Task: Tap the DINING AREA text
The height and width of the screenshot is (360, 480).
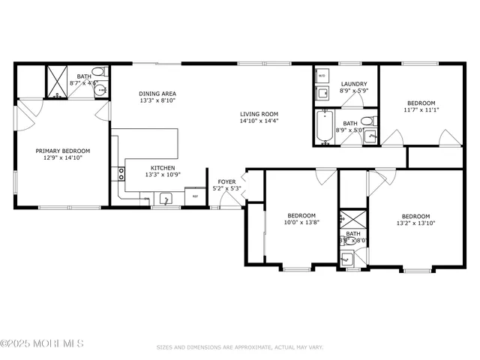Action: pyautogui.click(x=157, y=94)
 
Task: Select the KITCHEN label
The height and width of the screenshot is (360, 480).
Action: pyautogui.click(x=163, y=168)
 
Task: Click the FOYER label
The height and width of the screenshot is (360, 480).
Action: pyautogui.click(x=226, y=181)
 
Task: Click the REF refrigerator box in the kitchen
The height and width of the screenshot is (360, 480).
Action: pyautogui.click(x=196, y=196)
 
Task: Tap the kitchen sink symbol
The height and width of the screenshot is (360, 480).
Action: pyautogui.click(x=165, y=199)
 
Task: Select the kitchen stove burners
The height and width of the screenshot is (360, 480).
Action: pyautogui.click(x=120, y=175)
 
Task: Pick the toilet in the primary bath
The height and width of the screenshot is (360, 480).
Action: pyautogui.click(x=104, y=73)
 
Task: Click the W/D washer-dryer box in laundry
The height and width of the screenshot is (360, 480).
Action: pyautogui.click(x=322, y=76)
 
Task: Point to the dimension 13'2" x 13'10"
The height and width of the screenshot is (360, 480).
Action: pyautogui.click(x=415, y=223)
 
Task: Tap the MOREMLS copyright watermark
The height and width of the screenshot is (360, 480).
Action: pyautogui.click(x=42, y=343)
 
